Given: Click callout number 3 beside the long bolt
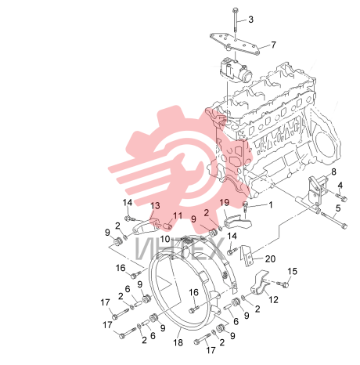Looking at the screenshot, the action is click(250, 20).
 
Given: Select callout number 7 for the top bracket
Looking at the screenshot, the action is click(273, 45).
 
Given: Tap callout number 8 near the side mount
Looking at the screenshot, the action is click(333, 172).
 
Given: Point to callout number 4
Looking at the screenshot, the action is click(340, 186).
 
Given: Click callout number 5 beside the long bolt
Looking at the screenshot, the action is click(338, 208).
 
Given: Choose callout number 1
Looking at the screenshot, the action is click(271, 205).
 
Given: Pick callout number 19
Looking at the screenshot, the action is click(225, 203).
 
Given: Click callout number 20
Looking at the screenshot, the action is click(270, 258).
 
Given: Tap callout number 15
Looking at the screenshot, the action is click(292, 271).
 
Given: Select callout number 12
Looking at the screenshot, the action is click(273, 299).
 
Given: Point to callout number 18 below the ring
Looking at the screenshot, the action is click(178, 342).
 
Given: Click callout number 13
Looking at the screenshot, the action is click(155, 206).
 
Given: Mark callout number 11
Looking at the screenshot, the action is click(178, 216).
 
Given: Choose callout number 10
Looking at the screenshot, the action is click(165, 239).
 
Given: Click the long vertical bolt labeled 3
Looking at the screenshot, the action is click(235, 22).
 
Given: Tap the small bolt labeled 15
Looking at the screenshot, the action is click(283, 284).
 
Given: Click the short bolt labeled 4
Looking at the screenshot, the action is click(340, 197).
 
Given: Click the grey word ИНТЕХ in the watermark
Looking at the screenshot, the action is click(179, 249).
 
